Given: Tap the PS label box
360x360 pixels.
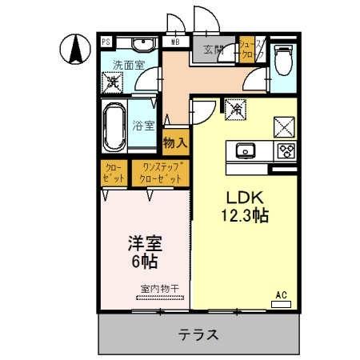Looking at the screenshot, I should (106, 41).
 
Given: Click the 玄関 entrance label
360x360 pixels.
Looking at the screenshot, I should (213, 50).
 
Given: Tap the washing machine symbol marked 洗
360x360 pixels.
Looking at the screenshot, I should (114, 81).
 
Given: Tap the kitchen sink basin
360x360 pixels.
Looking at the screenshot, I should (245, 150).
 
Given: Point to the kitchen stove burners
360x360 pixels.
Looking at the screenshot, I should (285, 150).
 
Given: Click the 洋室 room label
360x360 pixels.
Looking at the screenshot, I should (145, 242).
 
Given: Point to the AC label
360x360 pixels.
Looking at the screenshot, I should (281, 295).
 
